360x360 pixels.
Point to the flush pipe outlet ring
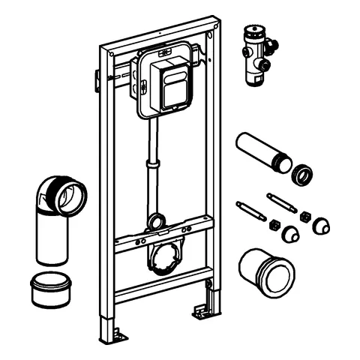(156, 221)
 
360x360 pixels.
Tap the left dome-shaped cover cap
(289, 235)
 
